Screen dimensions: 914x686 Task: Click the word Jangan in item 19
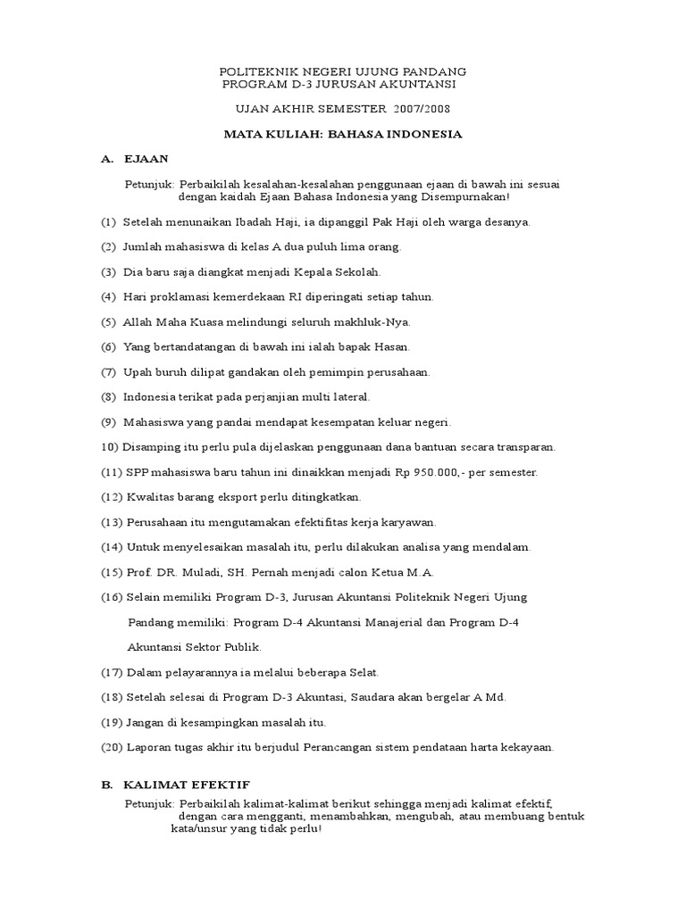[146, 722]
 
